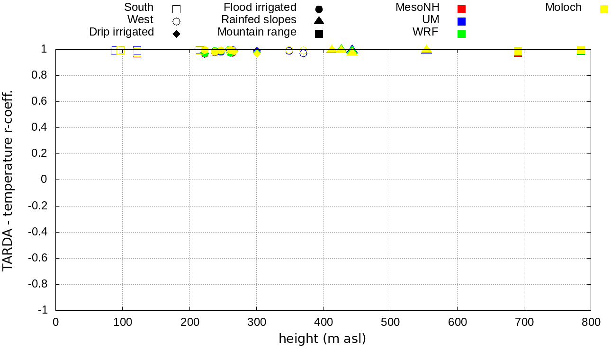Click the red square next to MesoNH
point(462,9)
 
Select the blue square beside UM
point(462,21)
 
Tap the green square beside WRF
point(462,34)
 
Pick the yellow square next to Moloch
point(604,9)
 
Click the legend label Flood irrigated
point(260,8)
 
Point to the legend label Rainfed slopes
point(259,20)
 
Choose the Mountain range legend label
point(257,32)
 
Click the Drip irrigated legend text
point(121,32)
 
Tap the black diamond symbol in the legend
point(177,34)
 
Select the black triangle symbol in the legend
point(319,20)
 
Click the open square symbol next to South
point(177,9)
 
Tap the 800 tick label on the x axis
point(591,323)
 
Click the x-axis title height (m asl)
point(322,339)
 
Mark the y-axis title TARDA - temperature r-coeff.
point(8,180)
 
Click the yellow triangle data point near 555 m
point(426,49)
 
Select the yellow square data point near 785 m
point(581,50)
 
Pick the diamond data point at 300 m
point(257,53)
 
